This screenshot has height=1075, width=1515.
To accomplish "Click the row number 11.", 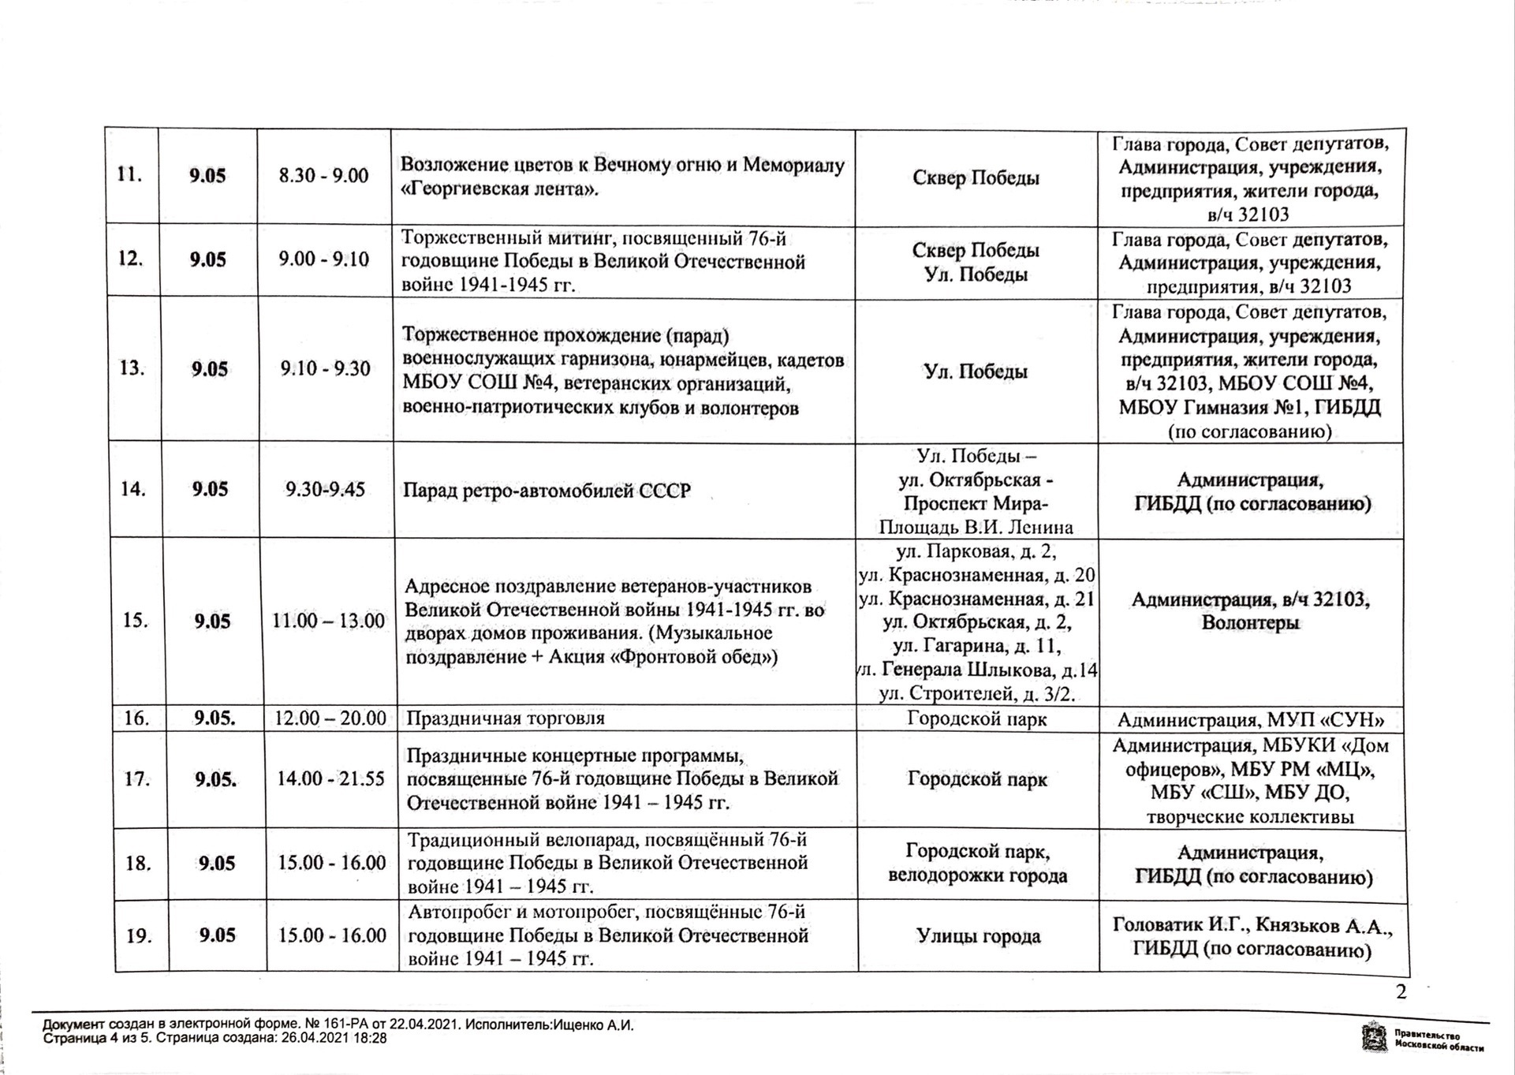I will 129,174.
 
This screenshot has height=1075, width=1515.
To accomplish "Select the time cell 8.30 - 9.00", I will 323,175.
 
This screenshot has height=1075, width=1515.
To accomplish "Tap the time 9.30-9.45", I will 326,489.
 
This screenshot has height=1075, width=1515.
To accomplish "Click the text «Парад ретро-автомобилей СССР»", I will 547,491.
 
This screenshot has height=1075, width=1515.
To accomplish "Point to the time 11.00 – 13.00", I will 328,621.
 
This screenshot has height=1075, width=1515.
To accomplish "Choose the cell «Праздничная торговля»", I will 505,719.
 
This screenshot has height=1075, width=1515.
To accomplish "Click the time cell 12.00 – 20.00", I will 330,719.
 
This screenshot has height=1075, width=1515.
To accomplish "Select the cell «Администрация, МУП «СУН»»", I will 1251,719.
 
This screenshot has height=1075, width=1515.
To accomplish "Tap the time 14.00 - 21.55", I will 330,779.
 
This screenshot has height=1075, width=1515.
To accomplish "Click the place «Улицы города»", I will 978,936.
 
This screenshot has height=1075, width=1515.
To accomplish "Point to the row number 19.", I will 139,936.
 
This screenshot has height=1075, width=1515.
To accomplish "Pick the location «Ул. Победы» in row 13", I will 976,371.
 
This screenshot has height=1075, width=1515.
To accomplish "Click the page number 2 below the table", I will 1401,992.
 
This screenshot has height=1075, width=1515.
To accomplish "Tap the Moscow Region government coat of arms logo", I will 1375,1036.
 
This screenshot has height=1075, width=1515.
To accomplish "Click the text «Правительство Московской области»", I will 1438,1040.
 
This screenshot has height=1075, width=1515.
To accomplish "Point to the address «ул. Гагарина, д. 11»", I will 976,647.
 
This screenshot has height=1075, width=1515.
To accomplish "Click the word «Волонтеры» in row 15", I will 1251,623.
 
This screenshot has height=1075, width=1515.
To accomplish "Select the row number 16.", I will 137,719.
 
